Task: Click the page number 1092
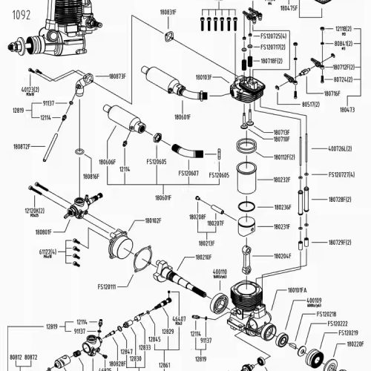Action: tap(15, 13)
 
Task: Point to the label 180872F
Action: tap(23, 147)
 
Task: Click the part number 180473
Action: tap(347, 109)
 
